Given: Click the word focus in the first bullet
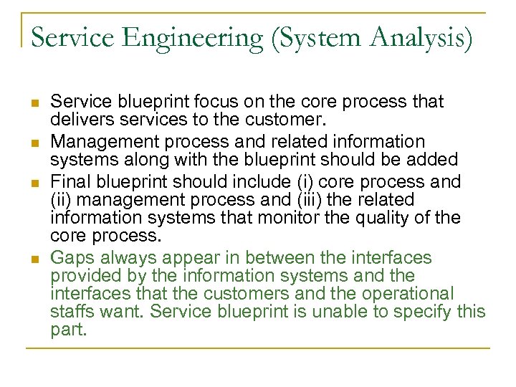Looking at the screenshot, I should [197, 102].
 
